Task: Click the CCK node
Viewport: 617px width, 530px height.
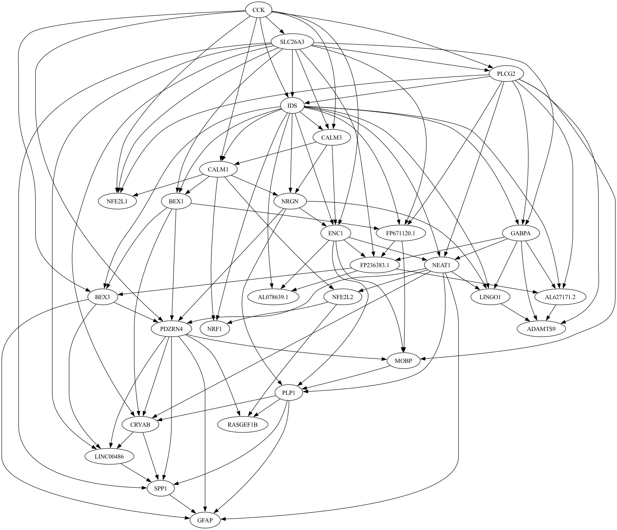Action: tap(258, 10)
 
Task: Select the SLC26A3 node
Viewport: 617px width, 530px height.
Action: tap(292, 42)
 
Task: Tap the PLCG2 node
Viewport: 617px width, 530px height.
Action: tap(506, 74)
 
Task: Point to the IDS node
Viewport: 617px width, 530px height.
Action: tap(292, 106)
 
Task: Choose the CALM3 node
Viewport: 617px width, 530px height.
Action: tap(331, 138)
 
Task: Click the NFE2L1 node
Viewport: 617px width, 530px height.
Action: tap(117, 201)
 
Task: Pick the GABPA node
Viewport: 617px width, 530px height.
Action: tap(520, 233)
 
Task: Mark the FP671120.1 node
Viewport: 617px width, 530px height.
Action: tap(401, 233)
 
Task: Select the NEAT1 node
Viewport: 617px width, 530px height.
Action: tap(441, 265)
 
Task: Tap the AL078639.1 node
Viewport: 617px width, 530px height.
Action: tap(273, 297)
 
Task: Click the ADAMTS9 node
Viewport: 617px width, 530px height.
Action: tap(541, 329)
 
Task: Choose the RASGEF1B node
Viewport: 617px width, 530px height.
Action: tap(243, 425)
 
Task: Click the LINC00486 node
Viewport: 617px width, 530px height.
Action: tap(109, 457)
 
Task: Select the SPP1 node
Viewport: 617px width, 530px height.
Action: tap(160, 488)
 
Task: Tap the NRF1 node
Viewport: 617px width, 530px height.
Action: tap(215, 329)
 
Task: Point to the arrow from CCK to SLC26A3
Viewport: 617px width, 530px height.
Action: tap(274, 25)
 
